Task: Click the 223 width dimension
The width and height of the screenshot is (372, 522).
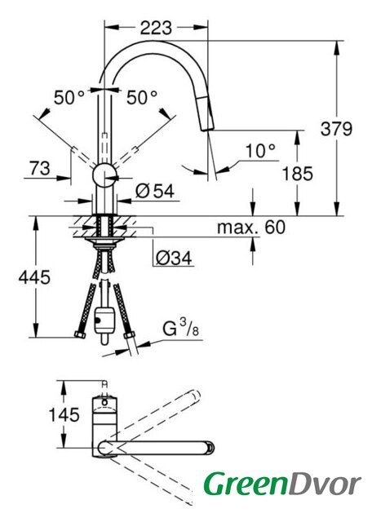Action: pyautogui.click(x=156, y=28)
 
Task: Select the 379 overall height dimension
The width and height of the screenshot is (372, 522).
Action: pyautogui.click(x=336, y=129)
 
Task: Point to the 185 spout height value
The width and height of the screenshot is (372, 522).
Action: pyautogui.click(x=298, y=174)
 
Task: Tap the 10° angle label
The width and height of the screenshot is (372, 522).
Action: pyautogui.click(x=260, y=152)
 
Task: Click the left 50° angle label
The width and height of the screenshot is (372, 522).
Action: pyautogui.click(x=69, y=98)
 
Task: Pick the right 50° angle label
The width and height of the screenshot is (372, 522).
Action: pyautogui.click(x=142, y=98)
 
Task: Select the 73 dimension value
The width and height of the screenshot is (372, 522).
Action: pyautogui.click(x=40, y=169)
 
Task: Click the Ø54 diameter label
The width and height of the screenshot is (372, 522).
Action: pyautogui.click(x=155, y=192)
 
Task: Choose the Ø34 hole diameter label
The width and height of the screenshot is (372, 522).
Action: pyautogui.click(x=174, y=258)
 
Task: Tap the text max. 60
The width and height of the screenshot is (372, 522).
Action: pyautogui.click(x=251, y=228)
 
